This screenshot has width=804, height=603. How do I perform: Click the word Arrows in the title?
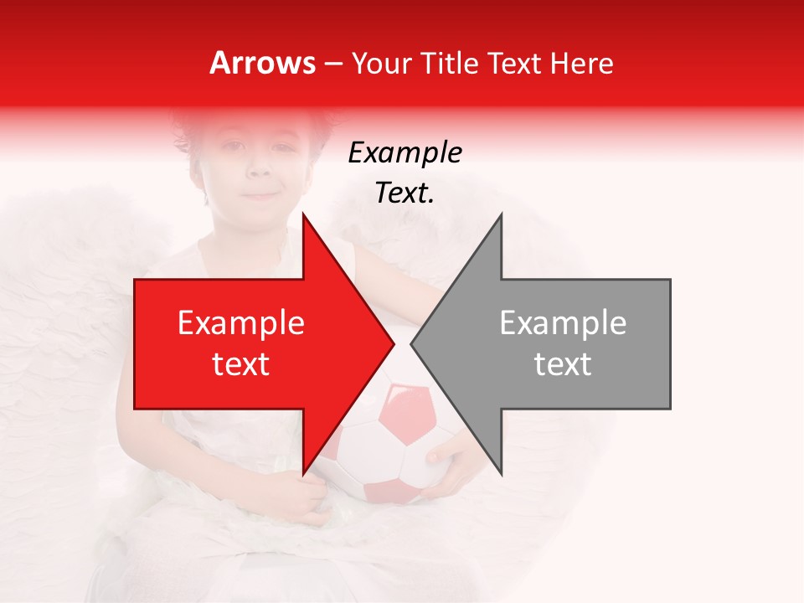(263, 63)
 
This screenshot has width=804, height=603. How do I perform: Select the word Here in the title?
(580, 63)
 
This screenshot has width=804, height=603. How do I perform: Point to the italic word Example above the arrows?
(405, 153)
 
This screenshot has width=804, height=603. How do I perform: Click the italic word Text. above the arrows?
(405, 193)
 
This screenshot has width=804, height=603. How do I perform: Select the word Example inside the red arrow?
(241, 323)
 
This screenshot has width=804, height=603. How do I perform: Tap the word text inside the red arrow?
(241, 363)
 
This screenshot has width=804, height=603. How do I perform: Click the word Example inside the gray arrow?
(563, 323)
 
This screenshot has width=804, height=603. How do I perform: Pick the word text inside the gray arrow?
(563, 363)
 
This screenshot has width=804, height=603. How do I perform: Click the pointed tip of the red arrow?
(394, 343)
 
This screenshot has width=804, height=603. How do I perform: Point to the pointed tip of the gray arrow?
(411, 343)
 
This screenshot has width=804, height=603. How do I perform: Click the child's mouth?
(262, 196)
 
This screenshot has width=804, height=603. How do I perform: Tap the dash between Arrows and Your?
(332, 64)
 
